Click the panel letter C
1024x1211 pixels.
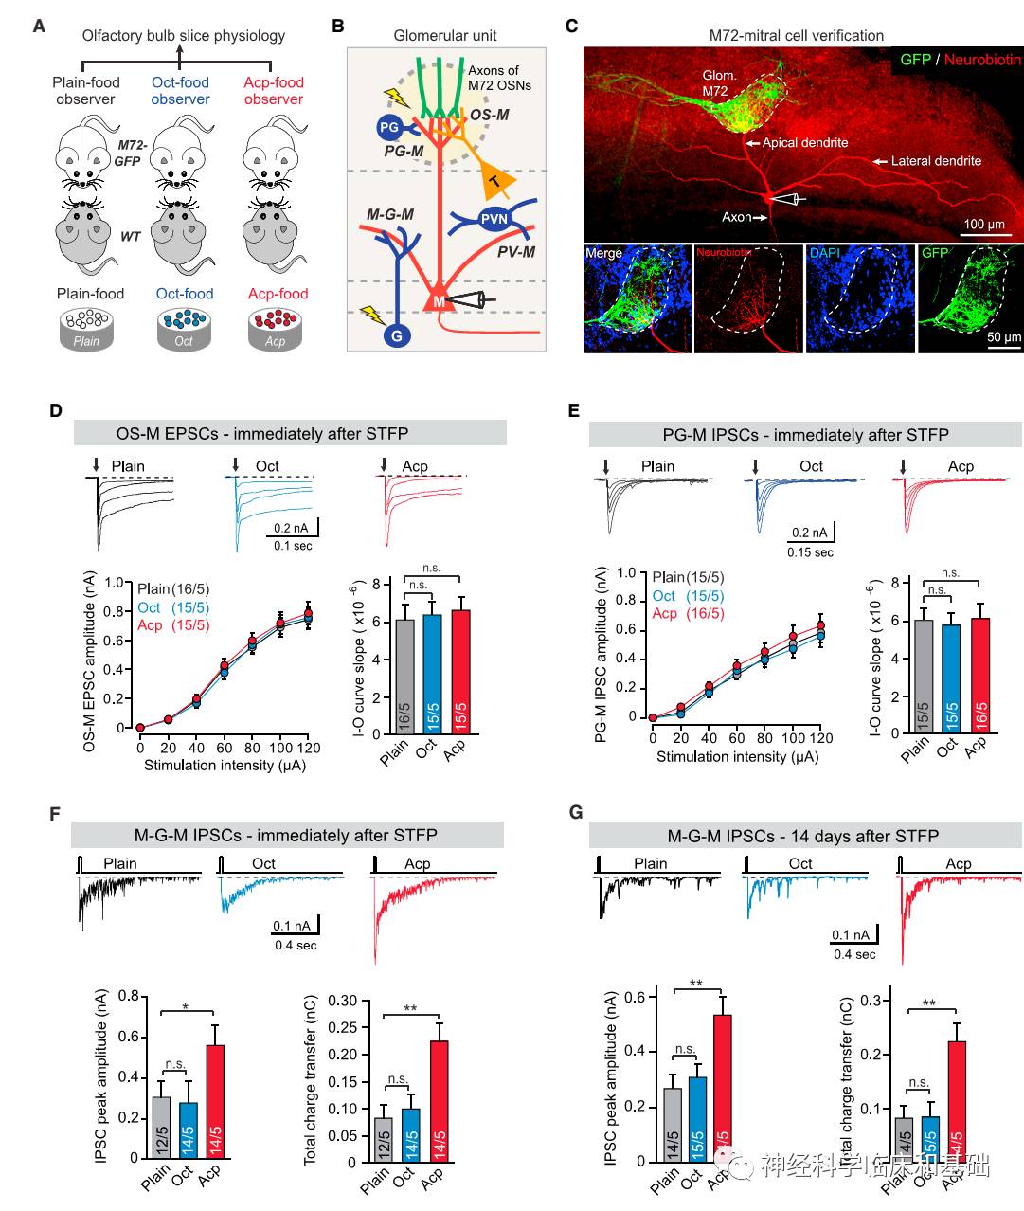pyautogui.click(x=571, y=26)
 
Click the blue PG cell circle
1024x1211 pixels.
pyautogui.click(x=388, y=127)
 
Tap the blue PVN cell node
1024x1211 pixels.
pyautogui.click(x=494, y=219)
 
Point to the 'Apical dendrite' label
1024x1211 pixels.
pyautogui.click(x=805, y=142)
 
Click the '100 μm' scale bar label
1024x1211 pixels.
pyautogui.click(x=984, y=225)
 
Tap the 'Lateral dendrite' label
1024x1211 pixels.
pyautogui.click(x=936, y=161)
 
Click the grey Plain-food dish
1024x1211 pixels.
pyautogui.click(x=88, y=328)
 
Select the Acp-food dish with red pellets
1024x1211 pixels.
pyautogui.click(x=275, y=328)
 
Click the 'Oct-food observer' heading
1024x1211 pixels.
pyautogui.click(x=180, y=91)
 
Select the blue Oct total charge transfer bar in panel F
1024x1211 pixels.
pyautogui.click(x=410, y=1134)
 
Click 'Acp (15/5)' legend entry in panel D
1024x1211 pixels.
pyautogui.click(x=173, y=625)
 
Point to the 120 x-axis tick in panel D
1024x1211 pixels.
pyautogui.click(x=309, y=748)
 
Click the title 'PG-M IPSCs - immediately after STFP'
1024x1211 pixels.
pyautogui.click(x=805, y=435)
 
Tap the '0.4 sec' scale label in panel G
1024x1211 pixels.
pyautogui.click(x=854, y=954)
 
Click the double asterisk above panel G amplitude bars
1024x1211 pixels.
pyautogui.click(x=696, y=983)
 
